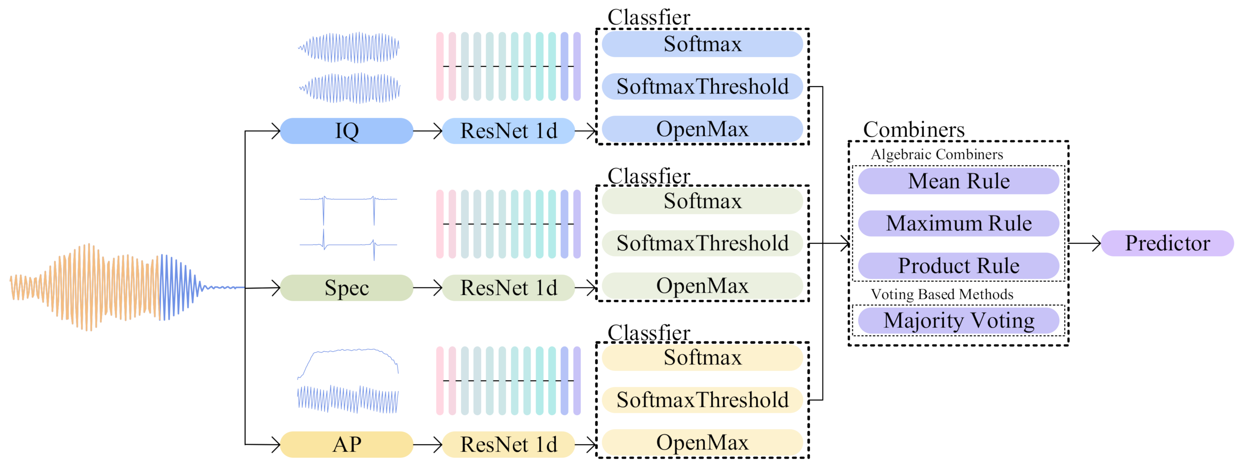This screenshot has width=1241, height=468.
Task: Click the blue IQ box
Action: (346, 131)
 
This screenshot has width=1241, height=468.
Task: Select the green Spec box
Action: (346, 288)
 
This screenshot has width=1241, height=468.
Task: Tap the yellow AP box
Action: (346, 444)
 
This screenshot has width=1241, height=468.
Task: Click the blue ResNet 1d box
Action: (508, 131)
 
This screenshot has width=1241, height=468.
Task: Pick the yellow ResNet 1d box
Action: (508, 444)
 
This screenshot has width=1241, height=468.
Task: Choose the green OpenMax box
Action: (702, 286)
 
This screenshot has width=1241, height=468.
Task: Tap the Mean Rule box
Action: (958, 181)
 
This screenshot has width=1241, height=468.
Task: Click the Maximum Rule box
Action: (958, 224)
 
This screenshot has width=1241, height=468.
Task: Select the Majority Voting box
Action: (958, 321)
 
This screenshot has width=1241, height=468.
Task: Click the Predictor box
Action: (1167, 243)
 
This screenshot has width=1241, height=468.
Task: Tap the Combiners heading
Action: (913, 129)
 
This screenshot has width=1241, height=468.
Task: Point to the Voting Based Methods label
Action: (942, 295)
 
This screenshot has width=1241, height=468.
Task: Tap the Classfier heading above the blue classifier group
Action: (648, 17)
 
